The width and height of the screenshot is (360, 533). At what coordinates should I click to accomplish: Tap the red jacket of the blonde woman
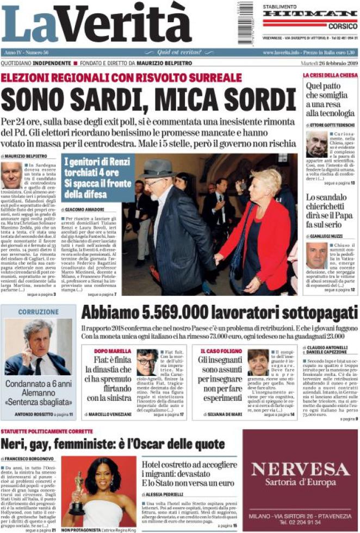255,234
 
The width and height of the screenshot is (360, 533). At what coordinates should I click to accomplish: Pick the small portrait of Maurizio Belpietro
12,175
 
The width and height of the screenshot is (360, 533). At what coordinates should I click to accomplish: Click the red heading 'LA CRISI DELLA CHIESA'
330,75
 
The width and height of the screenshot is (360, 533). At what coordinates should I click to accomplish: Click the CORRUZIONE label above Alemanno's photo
38,312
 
